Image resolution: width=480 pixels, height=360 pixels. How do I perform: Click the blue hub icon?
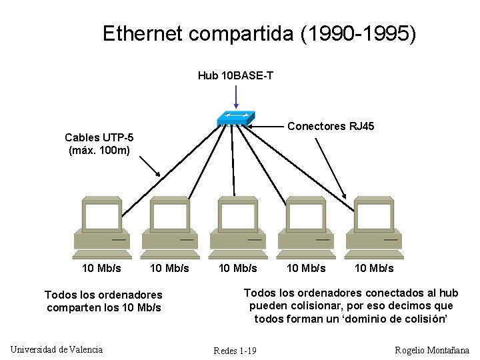coord(236,117)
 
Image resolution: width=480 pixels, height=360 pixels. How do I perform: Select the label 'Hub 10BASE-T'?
coord(235,75)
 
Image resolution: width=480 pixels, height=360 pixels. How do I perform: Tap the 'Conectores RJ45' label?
coord(330,126)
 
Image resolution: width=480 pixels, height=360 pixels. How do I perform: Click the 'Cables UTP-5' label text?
coord(99,137)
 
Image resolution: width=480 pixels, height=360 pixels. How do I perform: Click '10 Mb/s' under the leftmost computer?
coord(101,268)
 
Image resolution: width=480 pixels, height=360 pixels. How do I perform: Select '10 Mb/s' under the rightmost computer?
coord(374,268)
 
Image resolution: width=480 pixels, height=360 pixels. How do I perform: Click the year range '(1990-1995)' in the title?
coord(357,33)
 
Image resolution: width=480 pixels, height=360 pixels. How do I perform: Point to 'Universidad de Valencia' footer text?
coord(57,349)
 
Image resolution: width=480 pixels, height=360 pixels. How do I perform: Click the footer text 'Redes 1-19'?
coord(235,351)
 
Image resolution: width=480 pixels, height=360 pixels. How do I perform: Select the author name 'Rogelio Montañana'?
coord(432,350)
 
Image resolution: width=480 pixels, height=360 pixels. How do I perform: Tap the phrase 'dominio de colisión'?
coord(392,319)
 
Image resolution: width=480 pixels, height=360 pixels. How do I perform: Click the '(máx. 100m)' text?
coord(99,150)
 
